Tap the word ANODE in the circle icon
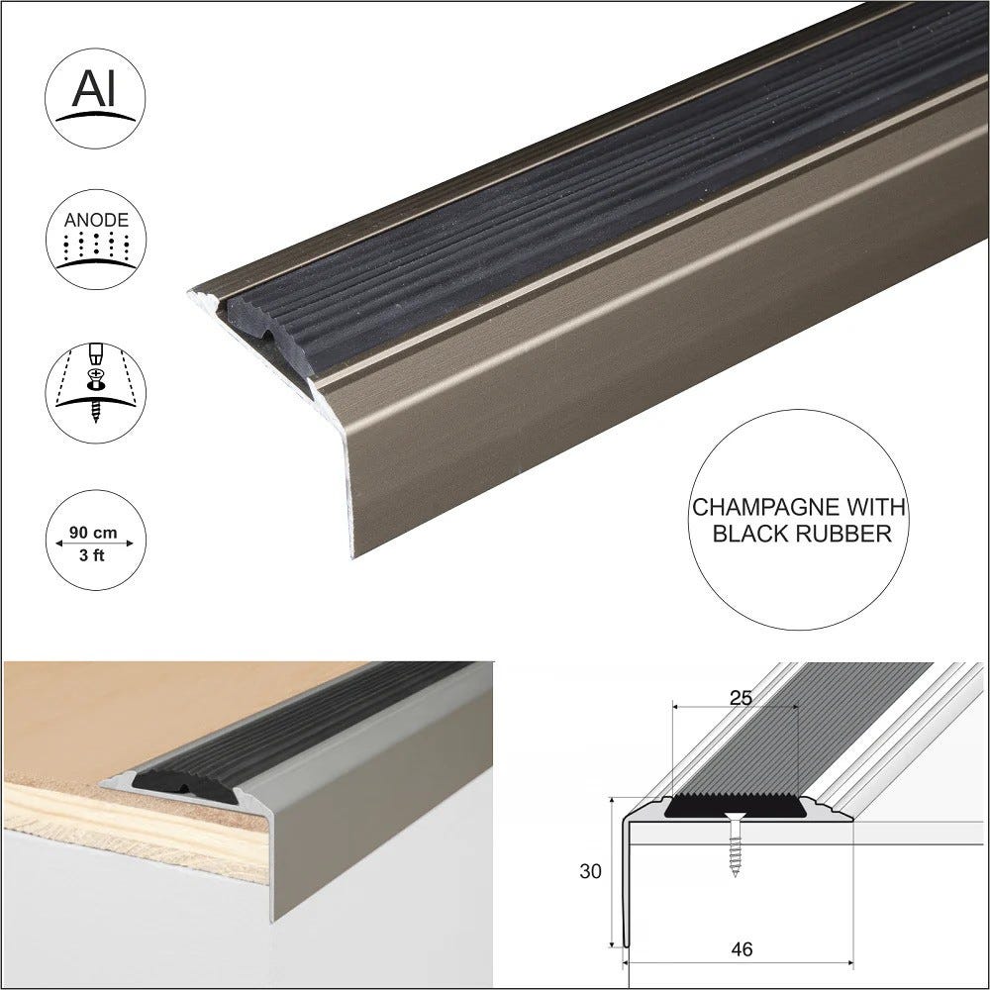tap(95, 220)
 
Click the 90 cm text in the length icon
tap(95, 533)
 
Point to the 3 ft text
tap(95, 554)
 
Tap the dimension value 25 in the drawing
tap(740, 697)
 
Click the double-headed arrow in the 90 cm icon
tap(95, 544)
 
